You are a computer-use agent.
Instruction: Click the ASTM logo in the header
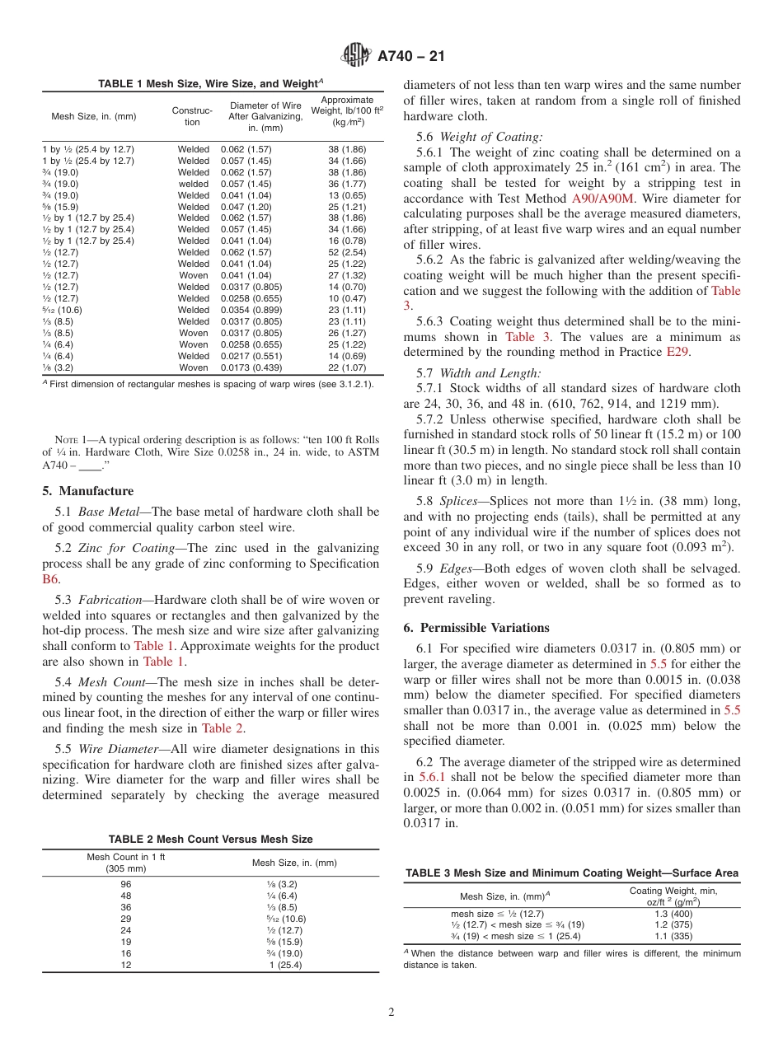click(x=357, y=56)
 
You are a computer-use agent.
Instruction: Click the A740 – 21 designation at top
click(x=410, y=56)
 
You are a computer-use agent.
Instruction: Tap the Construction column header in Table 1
click(x=192, y=116)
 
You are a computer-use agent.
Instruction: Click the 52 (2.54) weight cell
click(x=347, y=253)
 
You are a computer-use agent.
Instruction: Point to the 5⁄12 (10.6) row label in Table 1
click(x=62, y=310)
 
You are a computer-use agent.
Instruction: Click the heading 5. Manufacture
click(x=76, y=491)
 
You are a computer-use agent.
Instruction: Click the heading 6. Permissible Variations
click(x=476, y=628)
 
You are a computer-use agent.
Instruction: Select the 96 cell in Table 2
click(x=126, y=884)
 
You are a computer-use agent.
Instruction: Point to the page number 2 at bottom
click(x=391, y=1013)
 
